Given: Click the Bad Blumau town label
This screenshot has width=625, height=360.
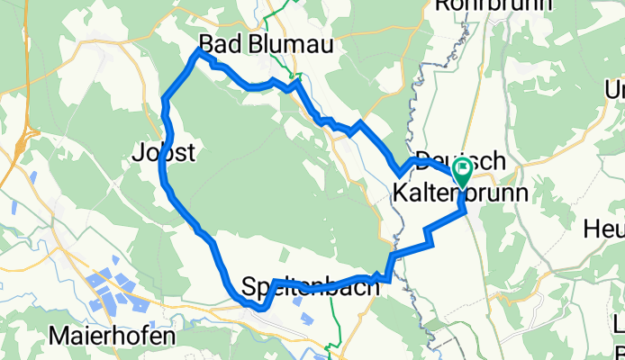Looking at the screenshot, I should tap(253, 43).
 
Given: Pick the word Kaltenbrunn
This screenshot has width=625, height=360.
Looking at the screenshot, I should tap(459, 193).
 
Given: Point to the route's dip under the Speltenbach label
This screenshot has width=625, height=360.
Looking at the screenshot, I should tap(260, 308).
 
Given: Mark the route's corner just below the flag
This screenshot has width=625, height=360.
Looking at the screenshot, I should tap(464, 210).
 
